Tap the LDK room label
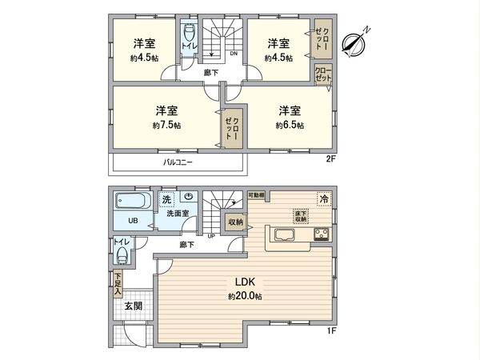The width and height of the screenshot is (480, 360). coord(245,282)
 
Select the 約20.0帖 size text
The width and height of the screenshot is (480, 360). coord(245,297)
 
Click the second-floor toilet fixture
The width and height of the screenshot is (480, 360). coord(189,36)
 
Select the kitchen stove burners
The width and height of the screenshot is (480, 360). coord(322,234)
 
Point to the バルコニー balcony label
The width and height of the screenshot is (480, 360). coord(178,162)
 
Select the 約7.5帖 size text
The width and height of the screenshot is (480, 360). coord(166,126)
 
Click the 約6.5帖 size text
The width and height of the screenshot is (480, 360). coord(290,126)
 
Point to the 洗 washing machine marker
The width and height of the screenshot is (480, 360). coord(167,198)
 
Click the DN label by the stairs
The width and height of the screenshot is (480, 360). coord(234,54)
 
